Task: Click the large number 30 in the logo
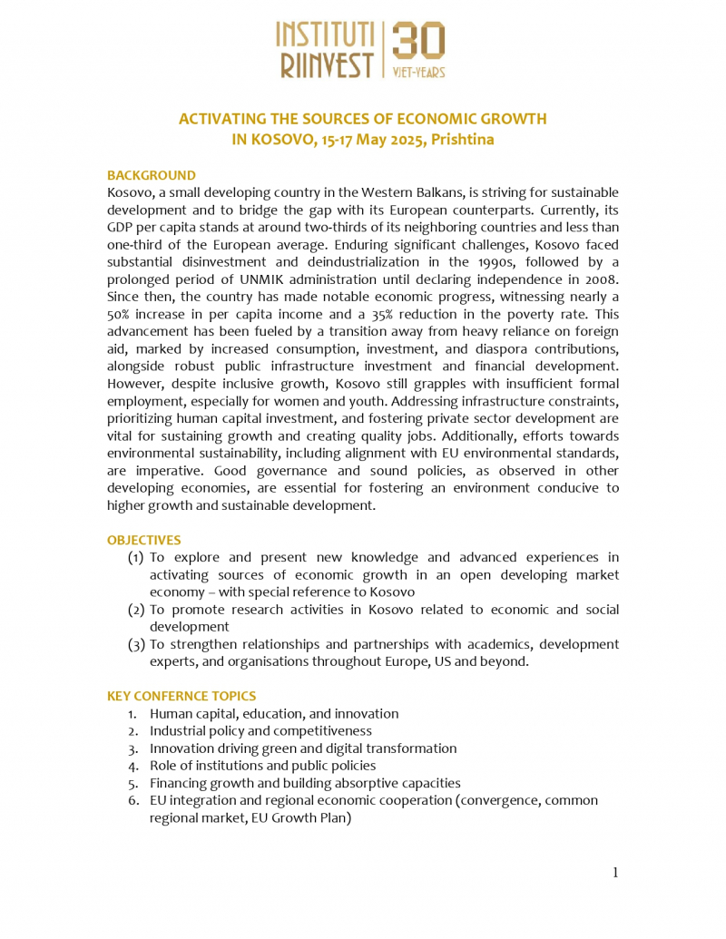tap(418, 41)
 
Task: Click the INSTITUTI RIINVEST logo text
tap(325, 51)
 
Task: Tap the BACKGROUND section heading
tap(152, 175)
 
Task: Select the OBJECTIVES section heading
tap(144, 540)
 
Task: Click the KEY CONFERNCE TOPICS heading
tap(181, 696)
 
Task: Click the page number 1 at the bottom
tap(614, 873)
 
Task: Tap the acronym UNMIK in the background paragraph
tap(352, 279)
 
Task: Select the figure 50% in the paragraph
tap(123, 314)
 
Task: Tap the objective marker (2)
tap(136, 610)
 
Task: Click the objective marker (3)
tap(136, 644)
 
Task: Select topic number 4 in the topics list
tap(132, 766)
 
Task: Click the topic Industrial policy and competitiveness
tap(260, 730)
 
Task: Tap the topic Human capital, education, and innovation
tap(274, 713)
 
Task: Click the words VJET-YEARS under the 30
tap(418, 72)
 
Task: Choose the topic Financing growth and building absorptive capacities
tap(305, 783)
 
